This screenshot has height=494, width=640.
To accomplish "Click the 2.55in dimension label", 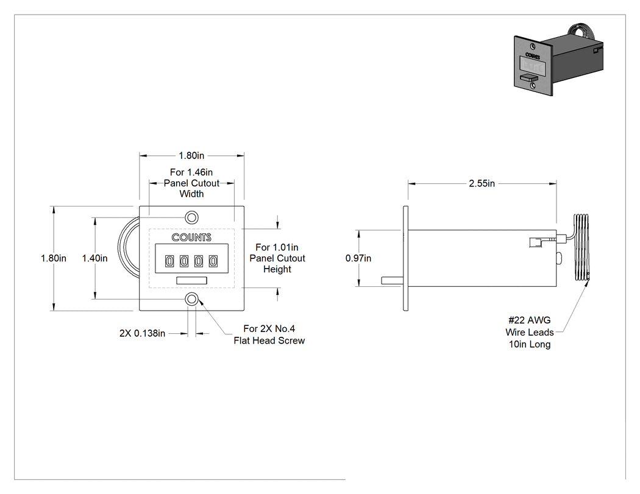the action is click(482, 183).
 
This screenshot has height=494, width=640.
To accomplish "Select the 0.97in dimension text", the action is click(358, 258).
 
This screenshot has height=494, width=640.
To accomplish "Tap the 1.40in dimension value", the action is click(94, 258).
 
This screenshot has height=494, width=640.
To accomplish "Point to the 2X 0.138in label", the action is click(143, 333).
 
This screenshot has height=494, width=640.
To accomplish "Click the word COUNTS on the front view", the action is click(191, 238).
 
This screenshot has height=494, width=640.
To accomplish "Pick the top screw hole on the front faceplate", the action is click(191, 217).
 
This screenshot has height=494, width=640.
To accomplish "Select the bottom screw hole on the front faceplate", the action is click(191, 299).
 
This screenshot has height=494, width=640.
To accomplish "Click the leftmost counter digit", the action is click(169, 261).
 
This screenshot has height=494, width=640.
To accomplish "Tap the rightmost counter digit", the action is click(213, 261).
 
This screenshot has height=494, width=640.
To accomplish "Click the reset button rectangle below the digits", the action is click(191, 280).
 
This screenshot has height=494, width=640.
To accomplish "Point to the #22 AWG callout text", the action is click(530, 320).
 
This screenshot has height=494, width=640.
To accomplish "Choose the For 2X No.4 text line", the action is click(269, 329).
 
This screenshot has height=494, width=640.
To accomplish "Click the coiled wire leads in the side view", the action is click(581, 247).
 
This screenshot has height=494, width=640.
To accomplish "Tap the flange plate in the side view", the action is click(406, 258).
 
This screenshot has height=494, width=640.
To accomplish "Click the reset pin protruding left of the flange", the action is click(393, 281).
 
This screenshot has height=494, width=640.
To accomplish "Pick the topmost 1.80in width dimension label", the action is click(191, 155).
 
